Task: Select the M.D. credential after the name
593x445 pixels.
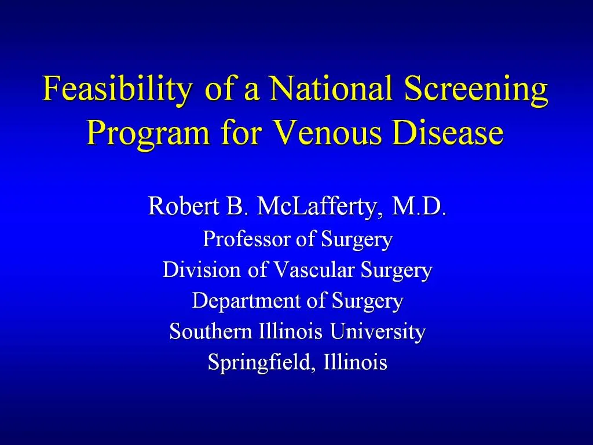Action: (x=419, y=206)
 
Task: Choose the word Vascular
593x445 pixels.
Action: (x=314, y=270)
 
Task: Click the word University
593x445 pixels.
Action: (x=378, y=332)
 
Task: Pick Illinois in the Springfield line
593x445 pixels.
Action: (x=356, y=363)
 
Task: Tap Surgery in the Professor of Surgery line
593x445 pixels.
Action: (x=357, y=239)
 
